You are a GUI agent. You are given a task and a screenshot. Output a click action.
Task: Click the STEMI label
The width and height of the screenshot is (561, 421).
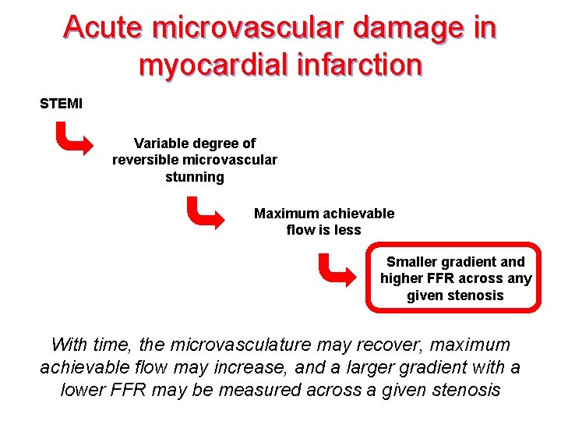click(x=61, y=104)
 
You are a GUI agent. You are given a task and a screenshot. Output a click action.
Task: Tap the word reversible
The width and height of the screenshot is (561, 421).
click(x=146, y=160)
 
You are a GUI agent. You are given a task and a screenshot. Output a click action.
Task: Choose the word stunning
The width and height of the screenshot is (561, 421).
click(x=195, y=177)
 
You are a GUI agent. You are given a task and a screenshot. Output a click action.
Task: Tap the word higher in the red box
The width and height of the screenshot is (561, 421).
click(x=400, y=278)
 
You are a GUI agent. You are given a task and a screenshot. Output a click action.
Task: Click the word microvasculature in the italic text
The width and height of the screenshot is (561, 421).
click(x=247, y=345)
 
